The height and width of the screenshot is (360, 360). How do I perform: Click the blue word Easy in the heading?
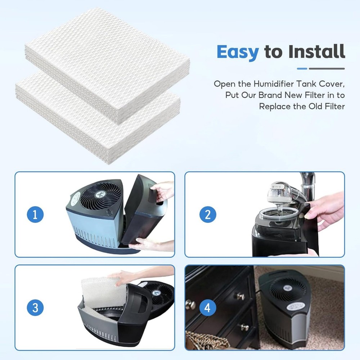click(238, 52)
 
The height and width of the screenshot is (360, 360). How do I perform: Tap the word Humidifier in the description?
click(273, 84)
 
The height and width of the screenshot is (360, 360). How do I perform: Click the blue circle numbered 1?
click(35, 215)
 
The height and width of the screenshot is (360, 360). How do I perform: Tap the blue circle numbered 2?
click(207, 215)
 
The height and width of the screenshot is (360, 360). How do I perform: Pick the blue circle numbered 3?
click(35, 308)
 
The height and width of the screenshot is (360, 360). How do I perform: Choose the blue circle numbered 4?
click(207, 308)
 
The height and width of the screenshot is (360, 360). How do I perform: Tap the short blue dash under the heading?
click(302, 68)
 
